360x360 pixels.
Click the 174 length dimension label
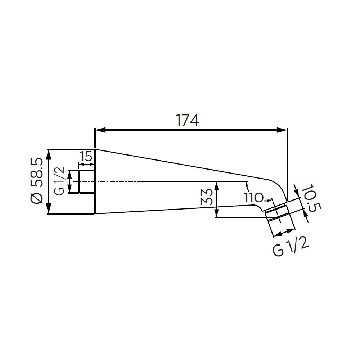(187, 120)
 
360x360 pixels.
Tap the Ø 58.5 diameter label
(37, 181)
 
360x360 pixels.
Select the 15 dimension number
(86, 157)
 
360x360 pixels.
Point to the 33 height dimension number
(206, 197)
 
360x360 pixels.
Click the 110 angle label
(253, 197)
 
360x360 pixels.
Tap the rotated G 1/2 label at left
(60, 181)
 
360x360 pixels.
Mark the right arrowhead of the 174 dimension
(282, 130)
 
